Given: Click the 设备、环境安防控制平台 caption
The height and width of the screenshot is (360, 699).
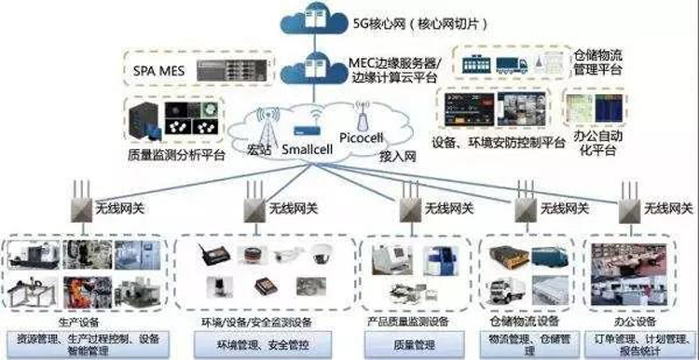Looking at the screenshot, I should tap(500, 144).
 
